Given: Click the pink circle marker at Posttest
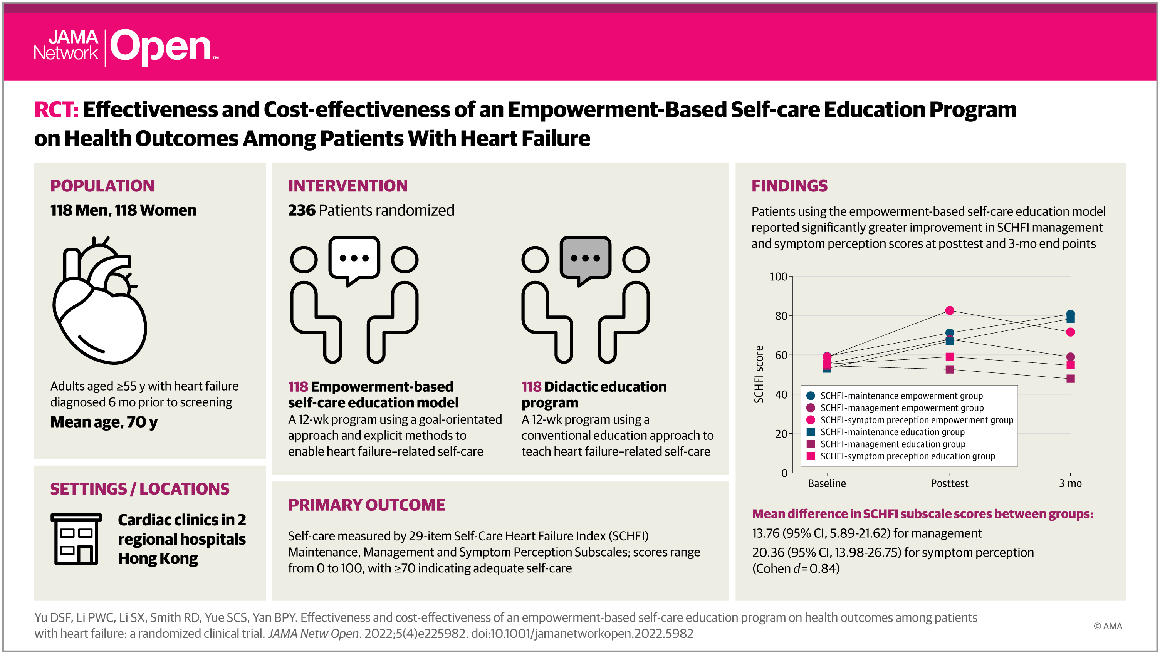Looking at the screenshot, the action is [950, 310].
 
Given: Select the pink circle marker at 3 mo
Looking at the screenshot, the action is [1070, 332].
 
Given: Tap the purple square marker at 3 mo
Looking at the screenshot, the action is [1070, 379].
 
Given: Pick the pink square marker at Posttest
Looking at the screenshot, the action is [950, 357].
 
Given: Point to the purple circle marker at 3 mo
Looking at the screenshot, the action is [1070, 357].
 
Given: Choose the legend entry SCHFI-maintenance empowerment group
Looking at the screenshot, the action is [894, 396].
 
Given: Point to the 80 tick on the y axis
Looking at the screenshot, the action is [781, 315].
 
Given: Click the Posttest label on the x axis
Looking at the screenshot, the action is [949, 483].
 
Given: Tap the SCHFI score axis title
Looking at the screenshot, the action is [759, 374].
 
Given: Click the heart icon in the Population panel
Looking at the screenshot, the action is [99, 300].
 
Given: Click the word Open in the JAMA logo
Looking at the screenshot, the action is [161, 47].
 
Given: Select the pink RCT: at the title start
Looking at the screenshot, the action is [56, 109].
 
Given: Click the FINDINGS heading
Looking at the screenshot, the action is [789, 186].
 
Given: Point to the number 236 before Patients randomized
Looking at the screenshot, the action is [302, 210].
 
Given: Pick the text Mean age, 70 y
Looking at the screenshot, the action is [104, 422].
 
